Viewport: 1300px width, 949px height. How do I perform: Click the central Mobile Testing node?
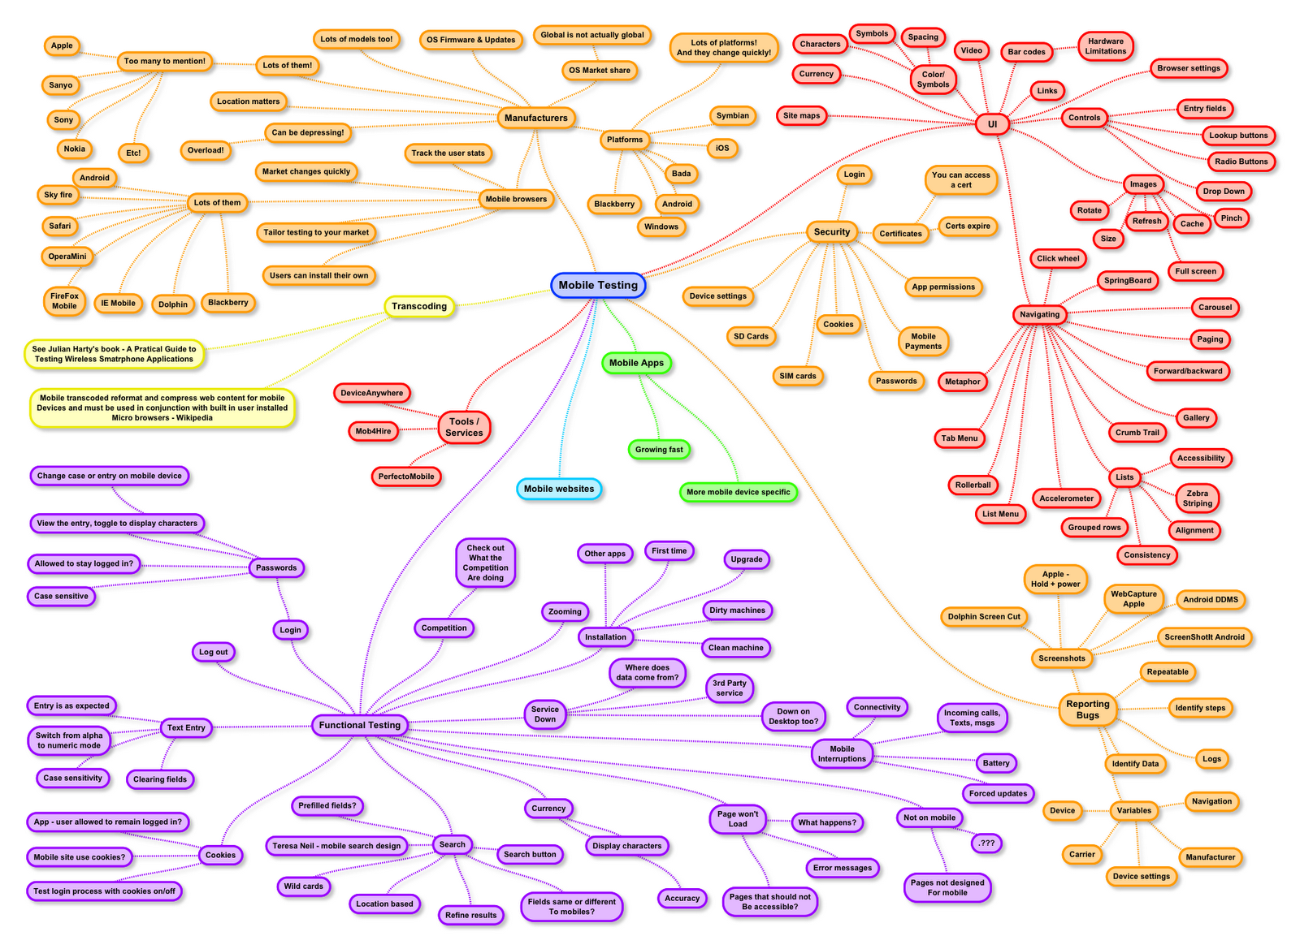598,285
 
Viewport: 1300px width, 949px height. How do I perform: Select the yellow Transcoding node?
418,306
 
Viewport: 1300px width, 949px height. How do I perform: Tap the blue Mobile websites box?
558,489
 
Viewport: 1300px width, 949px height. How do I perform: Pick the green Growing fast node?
659,450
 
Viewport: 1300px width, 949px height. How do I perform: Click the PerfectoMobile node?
405,477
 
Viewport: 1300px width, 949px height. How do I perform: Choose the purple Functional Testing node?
359,725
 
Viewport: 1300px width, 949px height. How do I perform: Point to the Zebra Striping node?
1197,498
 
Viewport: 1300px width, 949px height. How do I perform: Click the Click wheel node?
1058,259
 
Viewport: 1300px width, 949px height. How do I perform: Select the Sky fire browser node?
58,195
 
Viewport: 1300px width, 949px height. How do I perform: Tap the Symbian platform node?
732,116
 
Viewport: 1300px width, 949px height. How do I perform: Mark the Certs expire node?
967,226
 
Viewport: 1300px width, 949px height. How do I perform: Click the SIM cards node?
797,376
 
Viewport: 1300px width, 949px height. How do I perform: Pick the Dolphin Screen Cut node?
983,617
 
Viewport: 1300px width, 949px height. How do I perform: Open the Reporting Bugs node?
1087,710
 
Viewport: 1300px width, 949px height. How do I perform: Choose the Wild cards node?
303,886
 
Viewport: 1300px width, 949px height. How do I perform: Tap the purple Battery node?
995,763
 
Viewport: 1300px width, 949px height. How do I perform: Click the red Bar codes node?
1026,52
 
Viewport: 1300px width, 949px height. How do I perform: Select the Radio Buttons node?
1241,162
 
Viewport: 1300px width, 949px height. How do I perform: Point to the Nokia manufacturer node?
74,149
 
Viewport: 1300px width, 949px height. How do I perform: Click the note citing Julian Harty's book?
114,354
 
